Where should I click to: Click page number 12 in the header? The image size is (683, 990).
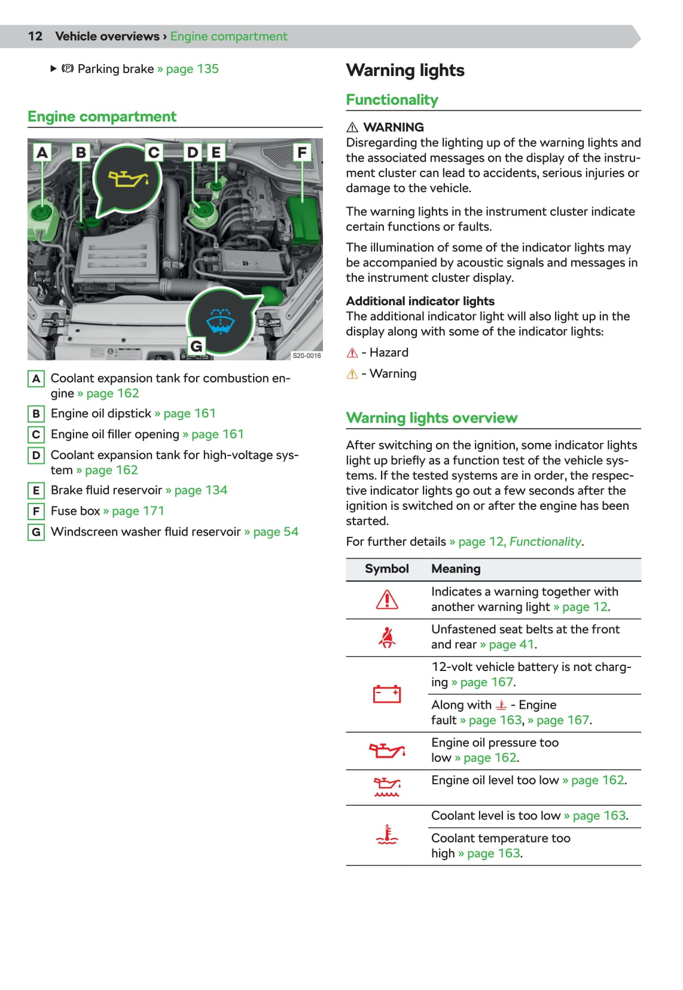tap(35, 37)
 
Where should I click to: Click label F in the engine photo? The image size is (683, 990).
tap(302, 153)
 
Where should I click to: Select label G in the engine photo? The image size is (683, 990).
tap(196, 346)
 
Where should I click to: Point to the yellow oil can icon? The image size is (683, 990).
tap(127, 178)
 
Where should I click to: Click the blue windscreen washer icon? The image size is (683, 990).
tap(220, 320)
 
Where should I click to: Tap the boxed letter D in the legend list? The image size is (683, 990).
tap(36, 455)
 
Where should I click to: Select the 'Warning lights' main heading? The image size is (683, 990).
tap(405, 71)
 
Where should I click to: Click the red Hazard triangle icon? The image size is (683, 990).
tap(352, 353)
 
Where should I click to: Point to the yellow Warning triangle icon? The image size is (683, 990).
tap(352, 374)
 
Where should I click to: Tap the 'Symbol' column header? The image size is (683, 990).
tap(386, 569)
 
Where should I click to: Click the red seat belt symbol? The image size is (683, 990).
tap(387, 637)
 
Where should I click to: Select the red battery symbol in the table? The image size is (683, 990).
tap(387, 694)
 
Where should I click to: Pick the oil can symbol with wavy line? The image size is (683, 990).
tap(387, 786)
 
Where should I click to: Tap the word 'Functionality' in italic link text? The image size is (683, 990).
tap(545, 542)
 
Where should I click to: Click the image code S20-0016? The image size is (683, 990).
tap(306, 356)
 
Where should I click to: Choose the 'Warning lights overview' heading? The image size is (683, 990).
tap(431, 418)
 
